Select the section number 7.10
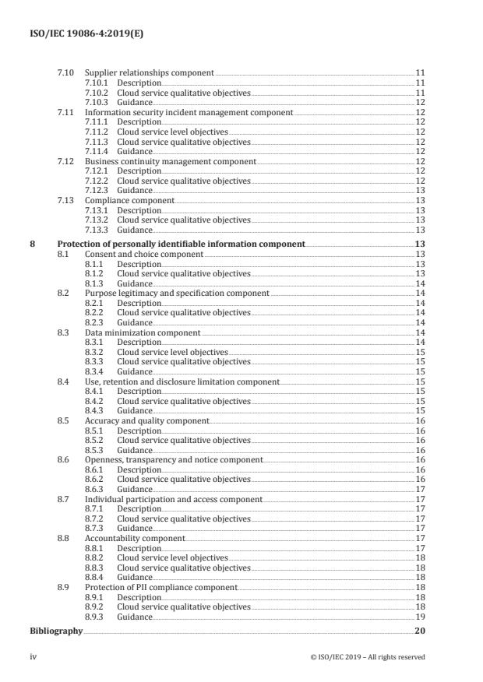65,72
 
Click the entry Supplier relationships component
149,72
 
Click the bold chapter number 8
33,244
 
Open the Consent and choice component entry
143,254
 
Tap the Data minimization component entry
143,333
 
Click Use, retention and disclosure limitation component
182,382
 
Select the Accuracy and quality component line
146,421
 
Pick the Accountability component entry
134,539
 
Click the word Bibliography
55,631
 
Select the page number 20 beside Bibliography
420,631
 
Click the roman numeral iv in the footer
33,657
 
